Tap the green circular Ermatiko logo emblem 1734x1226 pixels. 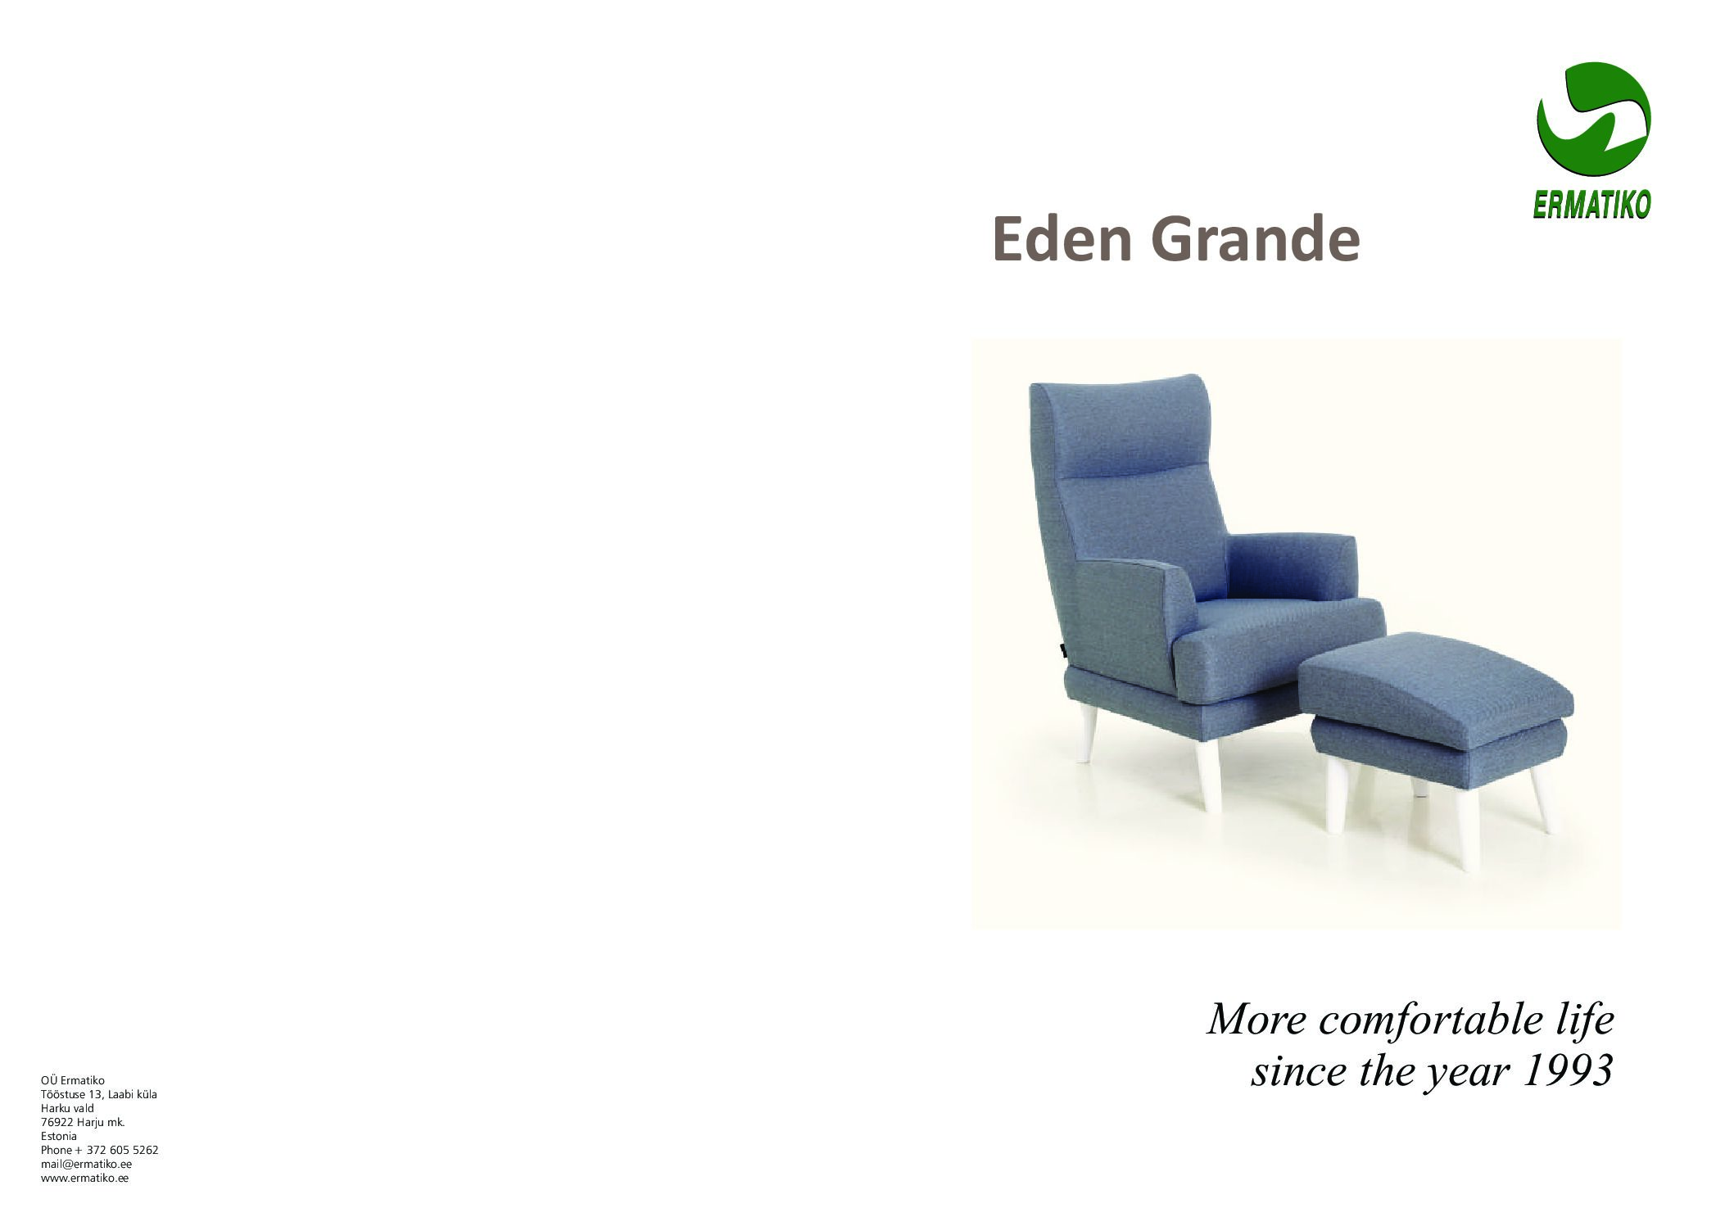pyautogui.click(x=1592, y=120)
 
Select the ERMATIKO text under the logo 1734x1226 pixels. pyautogui.click(x=1591, y=205)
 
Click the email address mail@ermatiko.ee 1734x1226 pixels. pyautogui.click(x=86, y=1164)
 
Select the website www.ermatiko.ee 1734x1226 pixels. pyautogui.click(x=84, y=1178)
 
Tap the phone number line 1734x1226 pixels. pyautogui.click(x=99, y=1150)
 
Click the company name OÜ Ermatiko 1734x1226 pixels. pyautogui.click(x=73, y=1080)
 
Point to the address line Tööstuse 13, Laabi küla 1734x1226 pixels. pyautogui.click(x=99, y=1094)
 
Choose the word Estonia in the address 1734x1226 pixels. pyautogui.click(x=59, y=1136)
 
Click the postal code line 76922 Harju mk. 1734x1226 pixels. pyautogui.click(x=82, y=1122)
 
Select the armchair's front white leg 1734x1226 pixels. pyautogui.click(x=1208, y=774)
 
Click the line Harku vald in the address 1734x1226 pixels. pyautogui.click(x=67, y=1108)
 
